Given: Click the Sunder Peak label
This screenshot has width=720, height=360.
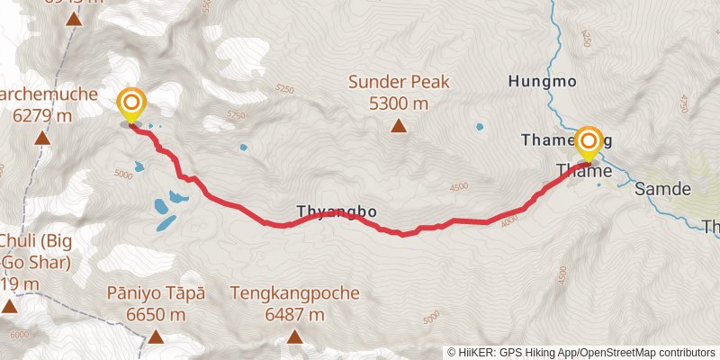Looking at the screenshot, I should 399,83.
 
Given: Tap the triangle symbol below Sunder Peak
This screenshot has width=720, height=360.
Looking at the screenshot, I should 399,126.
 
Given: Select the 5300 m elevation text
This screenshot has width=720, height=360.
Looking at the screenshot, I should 399,103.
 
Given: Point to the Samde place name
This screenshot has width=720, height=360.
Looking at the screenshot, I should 662,190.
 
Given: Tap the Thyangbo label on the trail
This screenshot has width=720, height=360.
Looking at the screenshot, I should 336,212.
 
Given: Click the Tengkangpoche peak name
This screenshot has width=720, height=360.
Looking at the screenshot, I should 295,293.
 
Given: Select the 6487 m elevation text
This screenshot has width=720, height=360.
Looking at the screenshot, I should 295,314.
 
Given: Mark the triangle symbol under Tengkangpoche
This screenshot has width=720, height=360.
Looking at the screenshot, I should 295,337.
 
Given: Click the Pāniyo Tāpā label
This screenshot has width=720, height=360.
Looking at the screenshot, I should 156,293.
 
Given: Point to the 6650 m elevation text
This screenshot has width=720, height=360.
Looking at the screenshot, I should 156,314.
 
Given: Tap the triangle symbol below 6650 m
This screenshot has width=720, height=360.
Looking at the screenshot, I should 156,337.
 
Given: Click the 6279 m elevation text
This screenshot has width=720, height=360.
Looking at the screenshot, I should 41,115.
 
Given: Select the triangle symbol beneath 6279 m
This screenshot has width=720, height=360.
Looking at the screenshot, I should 41,139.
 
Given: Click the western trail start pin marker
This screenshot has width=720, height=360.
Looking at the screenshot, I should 131,103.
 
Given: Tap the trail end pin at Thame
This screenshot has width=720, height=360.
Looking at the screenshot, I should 589,142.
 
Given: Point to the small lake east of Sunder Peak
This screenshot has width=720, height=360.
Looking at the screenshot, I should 479,127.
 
